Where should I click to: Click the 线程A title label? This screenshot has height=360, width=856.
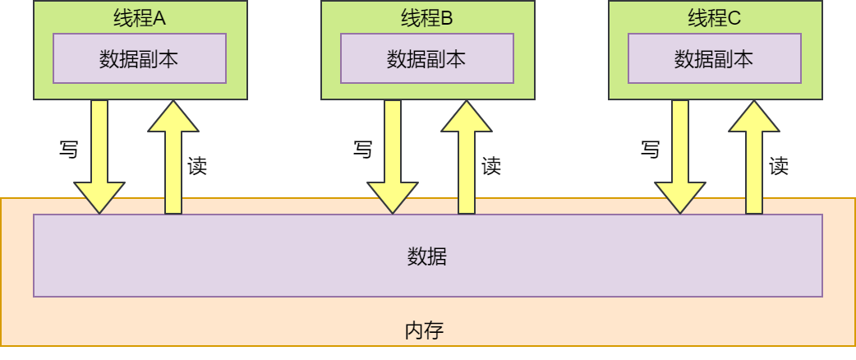[x=140, y=18]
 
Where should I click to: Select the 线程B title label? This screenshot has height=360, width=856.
[x=427, y=18]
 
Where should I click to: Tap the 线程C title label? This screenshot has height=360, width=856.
[x=715, y=18]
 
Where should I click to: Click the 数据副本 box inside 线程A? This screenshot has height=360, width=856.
[x=140, y=58]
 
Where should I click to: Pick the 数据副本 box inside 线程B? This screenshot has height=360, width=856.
[x=427, y=58]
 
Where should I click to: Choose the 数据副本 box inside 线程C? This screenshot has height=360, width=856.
[x=715, y=58]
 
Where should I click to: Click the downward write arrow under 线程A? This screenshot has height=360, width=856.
[x=99, y=156]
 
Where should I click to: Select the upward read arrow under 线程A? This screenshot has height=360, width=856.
[x=173, y=156]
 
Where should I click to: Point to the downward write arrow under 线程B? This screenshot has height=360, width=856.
[x=393, y=156]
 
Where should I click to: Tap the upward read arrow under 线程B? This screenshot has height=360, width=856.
[x=467, y=156]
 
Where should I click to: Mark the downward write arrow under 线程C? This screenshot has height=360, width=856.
[x=680, y=156]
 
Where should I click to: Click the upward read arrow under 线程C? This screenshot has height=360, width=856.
[x=754, y=156]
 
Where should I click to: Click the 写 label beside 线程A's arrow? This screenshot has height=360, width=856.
[x=69, y=150]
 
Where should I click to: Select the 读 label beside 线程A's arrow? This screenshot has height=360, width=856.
[x=197, y=166]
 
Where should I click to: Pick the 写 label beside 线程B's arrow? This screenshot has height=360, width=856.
[x=362, y=150]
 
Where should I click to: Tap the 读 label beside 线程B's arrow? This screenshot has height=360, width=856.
[x=491, y=166]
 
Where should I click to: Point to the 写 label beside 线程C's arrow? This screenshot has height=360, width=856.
[x=650, y=150]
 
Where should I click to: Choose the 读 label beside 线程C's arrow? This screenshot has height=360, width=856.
[x=779, y=166]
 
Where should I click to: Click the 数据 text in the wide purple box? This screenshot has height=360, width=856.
[x=427, y=256]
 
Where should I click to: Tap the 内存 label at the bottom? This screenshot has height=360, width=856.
[x=425, y=331]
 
